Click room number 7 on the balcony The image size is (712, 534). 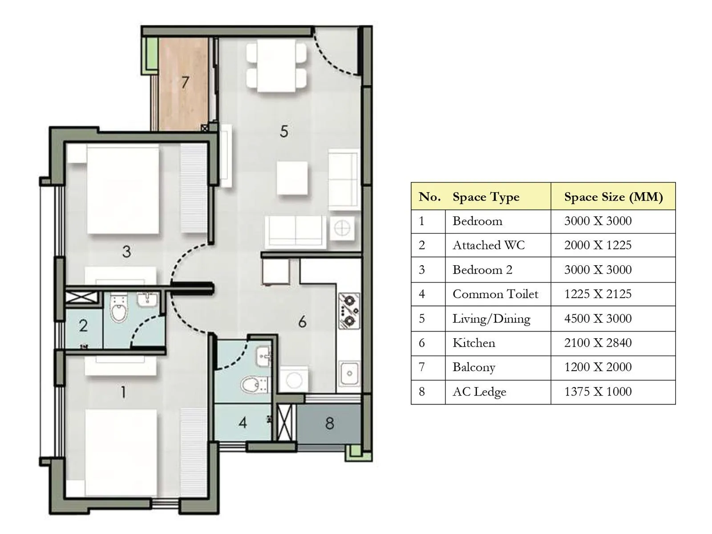[x=185, y=82]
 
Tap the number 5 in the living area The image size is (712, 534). [x=284, y=131]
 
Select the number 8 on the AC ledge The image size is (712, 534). [x=329, y=423]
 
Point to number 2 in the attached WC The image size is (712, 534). [x=83, y=326]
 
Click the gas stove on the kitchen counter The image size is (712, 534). [x=349, y=310]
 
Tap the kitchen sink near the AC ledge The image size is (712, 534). [x=349, y=373]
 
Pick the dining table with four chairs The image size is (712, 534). [x=276, y=66]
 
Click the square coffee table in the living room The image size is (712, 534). [x=292, y=178]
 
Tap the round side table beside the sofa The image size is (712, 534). [x=342, y=228]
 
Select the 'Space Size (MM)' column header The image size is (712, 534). [x=613, y=197]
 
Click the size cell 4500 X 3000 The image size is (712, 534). [x=598, y=319]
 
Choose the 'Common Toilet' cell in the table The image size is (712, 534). [x=495, y=294]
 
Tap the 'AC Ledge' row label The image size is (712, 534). [x=479, y=392]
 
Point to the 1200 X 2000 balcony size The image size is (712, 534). [x=598, y=367]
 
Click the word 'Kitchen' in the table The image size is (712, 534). [x=473, y=343]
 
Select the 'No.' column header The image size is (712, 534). [x=429, y=197]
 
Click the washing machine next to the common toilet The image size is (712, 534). [x=293, y=380]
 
